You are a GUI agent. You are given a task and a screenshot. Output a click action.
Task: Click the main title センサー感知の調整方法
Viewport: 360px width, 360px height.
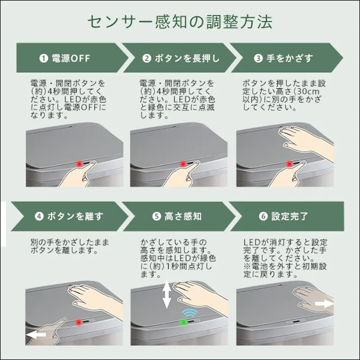(x=180, y=22)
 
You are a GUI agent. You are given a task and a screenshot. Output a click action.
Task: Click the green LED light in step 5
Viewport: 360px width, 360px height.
(x=184, y=322)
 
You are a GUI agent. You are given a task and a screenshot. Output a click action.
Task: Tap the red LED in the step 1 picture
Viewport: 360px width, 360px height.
(x=79, y=164)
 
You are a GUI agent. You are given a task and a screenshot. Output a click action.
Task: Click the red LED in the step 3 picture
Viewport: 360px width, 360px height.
(x=289, y=164)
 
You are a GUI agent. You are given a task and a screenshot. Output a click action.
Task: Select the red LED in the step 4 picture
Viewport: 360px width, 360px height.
(x=78, y=322)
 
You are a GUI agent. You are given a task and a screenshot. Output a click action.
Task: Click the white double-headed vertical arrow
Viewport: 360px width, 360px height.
(x=167, y=295)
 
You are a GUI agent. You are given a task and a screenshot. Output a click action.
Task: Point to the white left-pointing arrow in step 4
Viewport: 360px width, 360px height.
(x=36, y=334)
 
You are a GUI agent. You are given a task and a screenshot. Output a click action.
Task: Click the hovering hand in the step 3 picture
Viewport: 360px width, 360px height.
(x=298, y=139)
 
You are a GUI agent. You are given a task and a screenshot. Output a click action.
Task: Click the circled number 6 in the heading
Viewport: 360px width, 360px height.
(x=263, y=216)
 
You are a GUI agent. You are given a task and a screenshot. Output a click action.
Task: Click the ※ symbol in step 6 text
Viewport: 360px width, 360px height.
(x=246, y=267)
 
